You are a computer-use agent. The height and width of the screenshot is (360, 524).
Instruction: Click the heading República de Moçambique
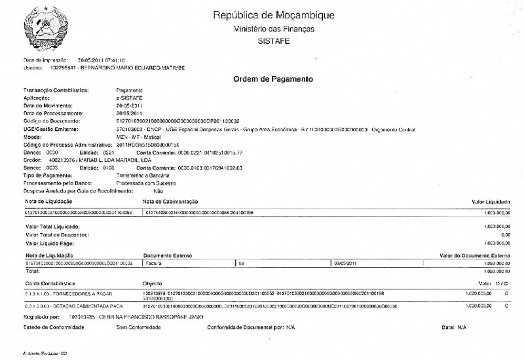pos(274,15)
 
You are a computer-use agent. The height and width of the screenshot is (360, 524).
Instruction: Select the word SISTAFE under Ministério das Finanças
pos(274,41)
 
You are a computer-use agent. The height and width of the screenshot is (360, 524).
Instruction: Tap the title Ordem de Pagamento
pos(273,79)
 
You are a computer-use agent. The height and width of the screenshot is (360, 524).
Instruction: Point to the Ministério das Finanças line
pos(274,29)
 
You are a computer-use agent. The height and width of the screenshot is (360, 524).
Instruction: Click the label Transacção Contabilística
pos(56,89)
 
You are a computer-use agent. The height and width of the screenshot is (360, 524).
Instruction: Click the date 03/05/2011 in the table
pos(345,262)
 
